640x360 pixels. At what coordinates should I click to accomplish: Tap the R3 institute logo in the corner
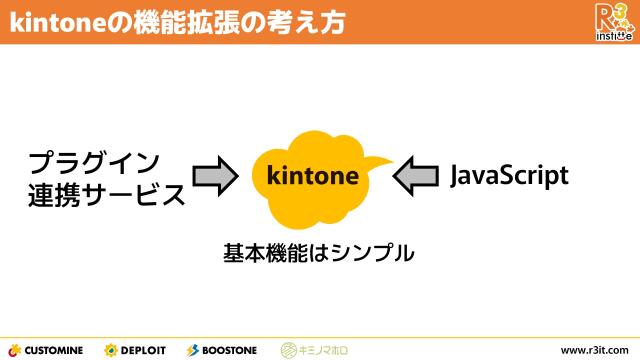coord(612,21)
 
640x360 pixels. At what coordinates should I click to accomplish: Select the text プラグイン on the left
coord(93,162)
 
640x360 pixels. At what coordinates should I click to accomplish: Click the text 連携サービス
coord(106,194)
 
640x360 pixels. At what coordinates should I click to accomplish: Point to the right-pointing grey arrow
coord(214,177)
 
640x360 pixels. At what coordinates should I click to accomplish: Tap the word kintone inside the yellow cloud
coord(312,177)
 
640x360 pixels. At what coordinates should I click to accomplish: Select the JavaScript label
coord(509,176)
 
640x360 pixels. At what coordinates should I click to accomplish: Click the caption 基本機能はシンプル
coord(318,253)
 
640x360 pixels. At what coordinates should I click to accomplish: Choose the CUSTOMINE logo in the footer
coord(48,350)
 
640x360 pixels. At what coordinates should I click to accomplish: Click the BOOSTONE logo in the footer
coord(222,350)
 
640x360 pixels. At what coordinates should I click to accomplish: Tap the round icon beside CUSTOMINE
coord(14,350)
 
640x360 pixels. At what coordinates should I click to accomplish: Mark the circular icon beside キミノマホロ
coord(288,350)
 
